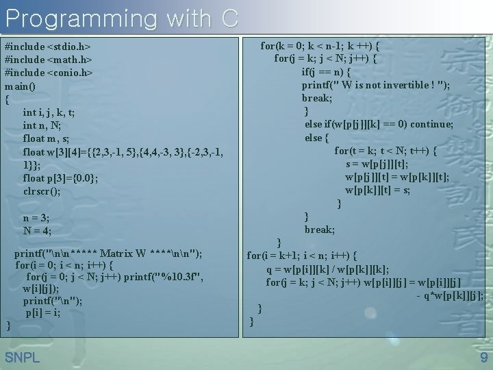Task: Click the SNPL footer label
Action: (x=22, y=357)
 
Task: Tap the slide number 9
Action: (x=483, y=357)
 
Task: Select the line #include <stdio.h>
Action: (x=48, y=47)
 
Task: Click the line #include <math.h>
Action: (x=47, y=60)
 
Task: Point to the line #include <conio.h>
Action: (x=49, y=73)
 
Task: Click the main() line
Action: (x=20, y=86)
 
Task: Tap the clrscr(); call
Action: (x=42, y=191)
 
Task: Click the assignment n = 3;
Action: (x=36, y=218)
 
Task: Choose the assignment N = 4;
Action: (x=36, y=231)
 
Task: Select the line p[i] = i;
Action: (x=42, y=312)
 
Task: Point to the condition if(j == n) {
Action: (x=327, y=72)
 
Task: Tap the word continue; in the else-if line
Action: (x=430, y=124)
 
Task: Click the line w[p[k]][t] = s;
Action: (x=377, y=190)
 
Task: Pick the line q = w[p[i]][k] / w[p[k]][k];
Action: (x=327, y=269)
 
